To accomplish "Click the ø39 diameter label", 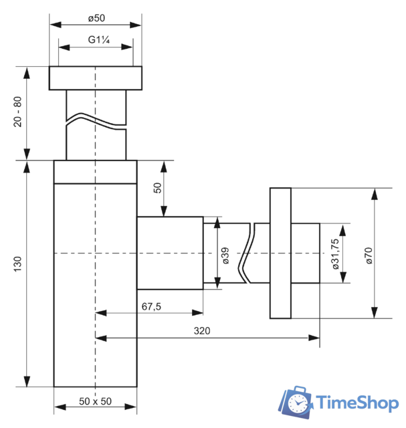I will point(225,255).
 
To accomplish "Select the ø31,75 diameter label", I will point(334,253).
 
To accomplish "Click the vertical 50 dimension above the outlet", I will point(159,187).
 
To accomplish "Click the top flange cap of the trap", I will point(96,78).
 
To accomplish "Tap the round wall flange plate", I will point(281,253).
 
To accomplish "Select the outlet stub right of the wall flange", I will point(306,253).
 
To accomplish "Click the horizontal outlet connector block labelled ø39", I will point(170,253).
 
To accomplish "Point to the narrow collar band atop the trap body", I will point(95,171).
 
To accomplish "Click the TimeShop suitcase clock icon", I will point(296,401).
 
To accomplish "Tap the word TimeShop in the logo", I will point(356,402).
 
